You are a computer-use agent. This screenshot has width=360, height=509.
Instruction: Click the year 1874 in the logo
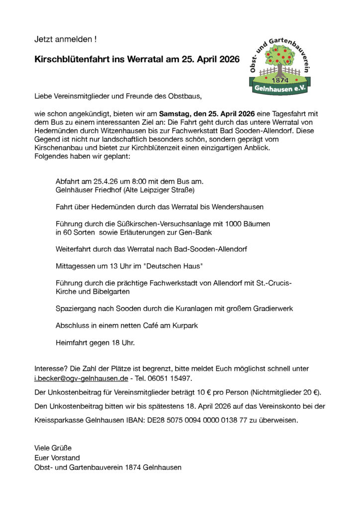[x=280, y=81]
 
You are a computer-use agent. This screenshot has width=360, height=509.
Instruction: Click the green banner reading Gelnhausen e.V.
[x=280, y=89]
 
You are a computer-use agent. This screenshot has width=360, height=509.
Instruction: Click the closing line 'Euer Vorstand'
[x=57, y=458]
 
